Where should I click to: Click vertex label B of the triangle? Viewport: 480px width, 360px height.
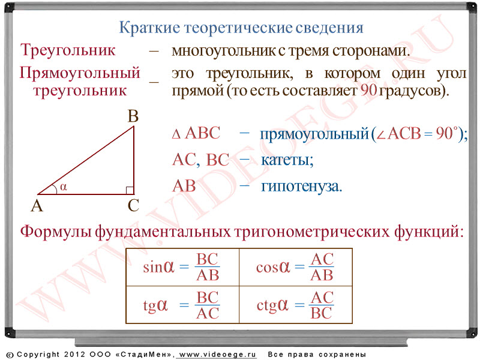point(133,116)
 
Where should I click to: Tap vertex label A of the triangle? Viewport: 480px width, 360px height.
point(37,206)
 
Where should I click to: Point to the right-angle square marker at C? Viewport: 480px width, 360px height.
point(130,190)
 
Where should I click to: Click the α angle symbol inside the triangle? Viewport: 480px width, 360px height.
point(64,187)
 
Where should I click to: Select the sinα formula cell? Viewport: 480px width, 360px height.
point(182,267)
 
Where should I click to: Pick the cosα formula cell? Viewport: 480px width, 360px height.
point(296,267)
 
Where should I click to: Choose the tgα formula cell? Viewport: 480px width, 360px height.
point(182,305)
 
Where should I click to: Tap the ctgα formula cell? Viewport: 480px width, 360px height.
point(296,305)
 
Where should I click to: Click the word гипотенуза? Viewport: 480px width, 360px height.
point(301,187)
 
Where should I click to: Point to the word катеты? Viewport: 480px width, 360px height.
point(287,160)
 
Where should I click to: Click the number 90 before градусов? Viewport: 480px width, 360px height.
point(368,91)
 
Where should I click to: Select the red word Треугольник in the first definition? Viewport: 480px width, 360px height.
point(68,50)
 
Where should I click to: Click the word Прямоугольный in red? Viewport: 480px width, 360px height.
point(80,73)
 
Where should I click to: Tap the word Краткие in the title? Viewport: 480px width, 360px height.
point(149,28)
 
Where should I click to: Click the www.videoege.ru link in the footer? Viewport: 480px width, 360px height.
point(217,355)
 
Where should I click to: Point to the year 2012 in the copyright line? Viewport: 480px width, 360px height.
point(74,355)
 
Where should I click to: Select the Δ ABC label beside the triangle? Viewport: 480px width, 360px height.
point(196,133)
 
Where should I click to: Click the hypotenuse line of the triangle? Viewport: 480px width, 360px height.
point(86,160)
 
